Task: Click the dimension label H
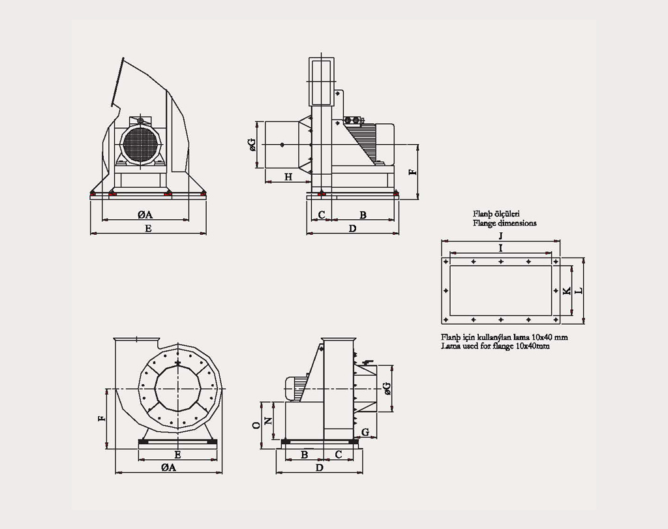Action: pos(288,176)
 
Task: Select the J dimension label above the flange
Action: pos(500,235)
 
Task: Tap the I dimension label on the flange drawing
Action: pos(500,248)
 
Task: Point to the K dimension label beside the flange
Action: pos(567,290)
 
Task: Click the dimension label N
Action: pos(267,421)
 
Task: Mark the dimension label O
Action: pos(256,425)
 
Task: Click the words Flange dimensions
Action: pos(504,223)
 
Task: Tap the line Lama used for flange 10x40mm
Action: pos(495,346)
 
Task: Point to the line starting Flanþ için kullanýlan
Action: pos(504,337)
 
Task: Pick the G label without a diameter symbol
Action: pos(365,432)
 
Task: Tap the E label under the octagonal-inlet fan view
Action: pos(177,454)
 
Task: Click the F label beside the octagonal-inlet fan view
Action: pos(102,418)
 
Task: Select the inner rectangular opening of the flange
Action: pos(500,290)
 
